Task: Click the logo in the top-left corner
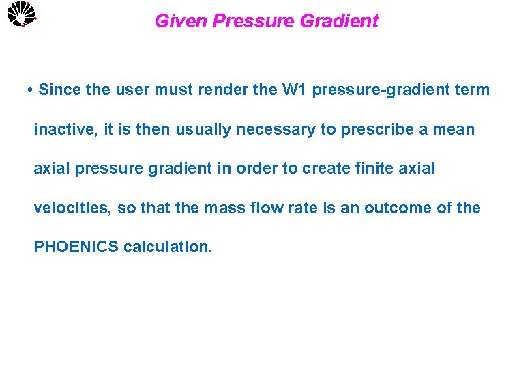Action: click(x=20, y=14)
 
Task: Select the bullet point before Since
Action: click(x=31, y=90)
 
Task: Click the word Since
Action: click(x=59, y=90)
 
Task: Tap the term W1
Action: click(x=295, y=90)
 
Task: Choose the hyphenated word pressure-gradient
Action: click(x=383, y=90)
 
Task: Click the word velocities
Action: click(x=72, y=208)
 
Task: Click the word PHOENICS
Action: click(x=76, y=247)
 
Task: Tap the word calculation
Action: click(x=168, y=247)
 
